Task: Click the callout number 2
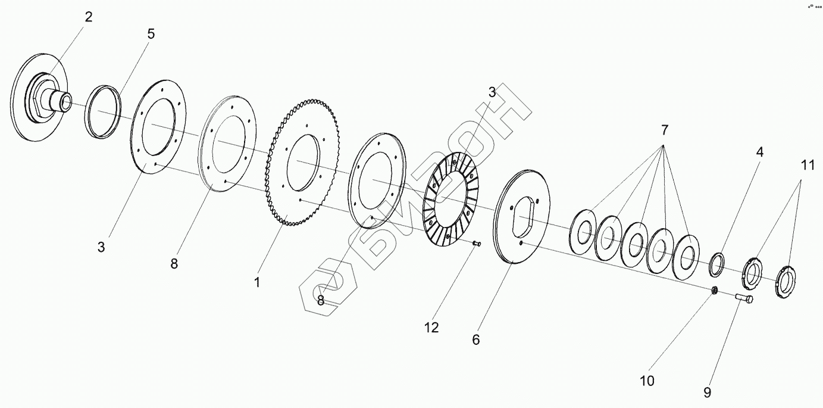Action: coord(88,17)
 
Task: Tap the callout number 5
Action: coord(151,34)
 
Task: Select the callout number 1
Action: coord(257,282)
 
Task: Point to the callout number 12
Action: coord(431,327)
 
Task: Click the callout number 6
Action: coord(475,340)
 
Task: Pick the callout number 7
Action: coord(664,129)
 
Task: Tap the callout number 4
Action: coord(759,152)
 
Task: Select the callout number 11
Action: coord(807,166)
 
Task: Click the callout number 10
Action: coord(646,380)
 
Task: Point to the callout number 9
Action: coord(707,393)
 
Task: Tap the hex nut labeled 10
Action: coord(715,290)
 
